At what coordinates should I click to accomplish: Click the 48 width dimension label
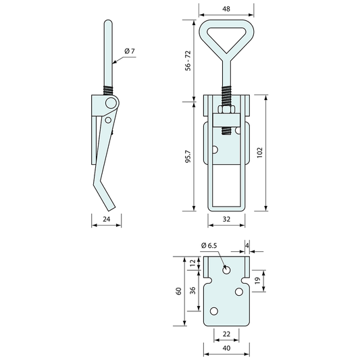pos(226,9)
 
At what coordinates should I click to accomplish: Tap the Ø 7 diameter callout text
pos(130,51)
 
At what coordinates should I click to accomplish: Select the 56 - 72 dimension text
pos(188,61)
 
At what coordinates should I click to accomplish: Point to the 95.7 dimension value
pos(188,157)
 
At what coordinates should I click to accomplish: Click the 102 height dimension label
pos(259,153)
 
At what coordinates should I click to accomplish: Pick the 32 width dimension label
pos(226,219)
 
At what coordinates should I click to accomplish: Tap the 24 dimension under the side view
pos(106,219)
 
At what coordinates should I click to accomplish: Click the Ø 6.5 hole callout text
pos(209,246)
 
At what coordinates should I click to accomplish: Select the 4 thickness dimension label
pos(247,245)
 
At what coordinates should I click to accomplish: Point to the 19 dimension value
pos(257,280)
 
